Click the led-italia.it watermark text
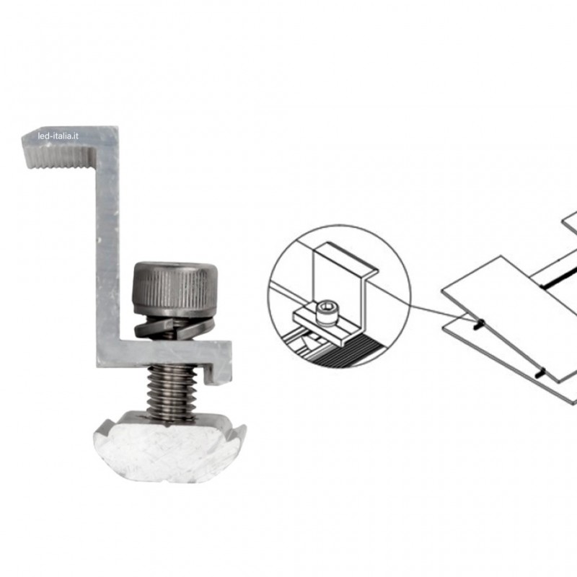coord(58,136)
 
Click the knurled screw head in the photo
coord(175,288)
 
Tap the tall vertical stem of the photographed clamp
coord(107,236)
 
